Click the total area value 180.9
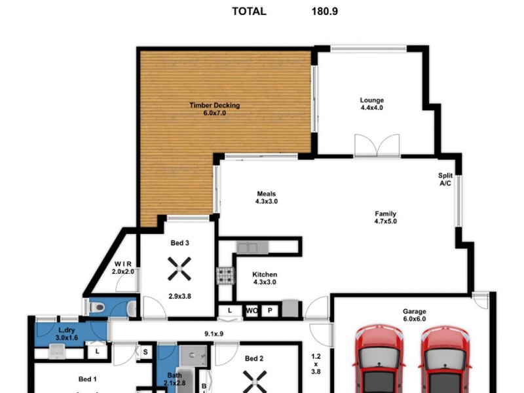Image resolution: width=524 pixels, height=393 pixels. pyautogui.click(x=324, y=11)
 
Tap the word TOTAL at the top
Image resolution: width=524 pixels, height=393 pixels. pyautogui.click(x=249, y=11)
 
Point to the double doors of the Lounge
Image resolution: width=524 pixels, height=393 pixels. pyautogui.click(x=377, y=145)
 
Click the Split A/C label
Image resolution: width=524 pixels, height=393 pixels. pyautogui.click(x=445, y=180)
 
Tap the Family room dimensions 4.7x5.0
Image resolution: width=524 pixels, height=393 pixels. pyautogui.click(x=385, y=221)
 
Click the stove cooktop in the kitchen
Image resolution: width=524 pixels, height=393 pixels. pyautogui.click(x=225, y=276)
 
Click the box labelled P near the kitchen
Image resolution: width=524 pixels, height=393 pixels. pyautogui.click(x=270, y=310)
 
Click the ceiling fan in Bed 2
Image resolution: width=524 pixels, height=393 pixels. pyautogui.click(x=253, y=380)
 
